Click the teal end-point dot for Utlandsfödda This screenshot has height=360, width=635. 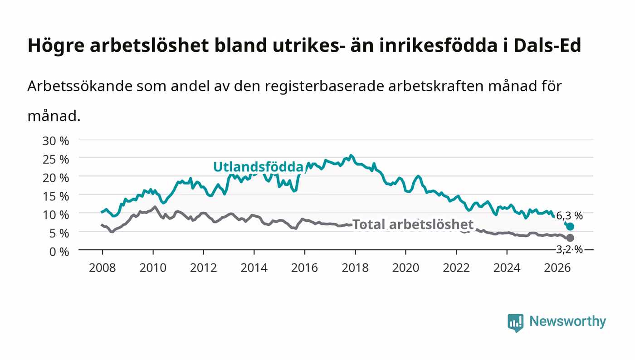(570, 227)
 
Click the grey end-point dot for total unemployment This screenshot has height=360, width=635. (570, 238)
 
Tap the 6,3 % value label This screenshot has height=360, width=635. (569, 216)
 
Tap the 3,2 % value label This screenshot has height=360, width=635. (569, 249)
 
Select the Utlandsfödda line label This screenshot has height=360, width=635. (258, 167)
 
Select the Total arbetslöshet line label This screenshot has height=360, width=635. (413, 224)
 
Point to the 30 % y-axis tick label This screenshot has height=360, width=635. (56, 141)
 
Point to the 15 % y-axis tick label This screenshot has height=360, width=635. (56, 196)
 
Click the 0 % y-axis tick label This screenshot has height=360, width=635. (59, 252)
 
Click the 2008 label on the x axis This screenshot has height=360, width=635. (103, 268)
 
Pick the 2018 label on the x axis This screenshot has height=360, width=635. (355, 268)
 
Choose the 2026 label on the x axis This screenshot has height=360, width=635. (557, 268)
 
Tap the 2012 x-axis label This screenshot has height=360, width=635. (204, 268)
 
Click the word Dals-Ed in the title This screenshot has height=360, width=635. (547, 45)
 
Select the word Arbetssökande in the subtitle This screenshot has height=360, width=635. (80, 86)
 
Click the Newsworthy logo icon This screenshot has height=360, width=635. (515, 323)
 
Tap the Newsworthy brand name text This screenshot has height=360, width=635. (568, 322)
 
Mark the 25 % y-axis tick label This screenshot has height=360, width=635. (56, 160)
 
